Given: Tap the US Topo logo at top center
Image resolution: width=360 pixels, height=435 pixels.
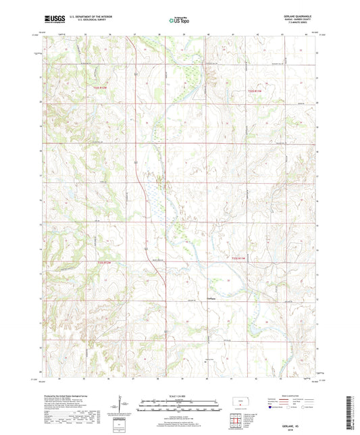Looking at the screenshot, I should tap(179, 20).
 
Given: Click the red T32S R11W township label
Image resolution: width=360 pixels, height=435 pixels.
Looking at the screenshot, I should tap(253, 89).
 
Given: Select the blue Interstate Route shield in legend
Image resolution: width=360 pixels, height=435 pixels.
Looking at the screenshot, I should tap(274, 407).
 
